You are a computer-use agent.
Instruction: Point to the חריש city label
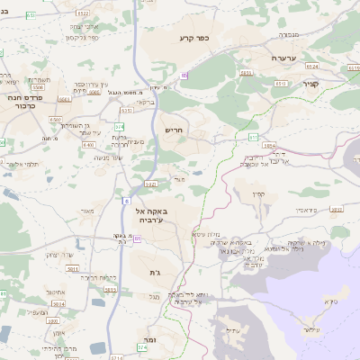click(x=173, y=130)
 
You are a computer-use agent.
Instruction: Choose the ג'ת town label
click(x=149, y=272)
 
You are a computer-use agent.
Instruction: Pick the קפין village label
click(x=259, y=193)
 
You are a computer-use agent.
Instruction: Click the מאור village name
click(x=86, y=212)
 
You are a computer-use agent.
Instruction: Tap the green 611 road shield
click(x=254, y=136)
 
